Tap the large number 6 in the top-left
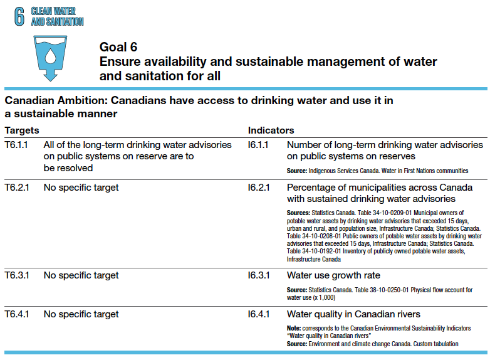tap(19, 16)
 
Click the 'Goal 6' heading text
tap(118, 47)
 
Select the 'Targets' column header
tap(22, 130)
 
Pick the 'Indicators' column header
tap(271, 130)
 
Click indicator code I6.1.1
tap(258, 145)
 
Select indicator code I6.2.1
tap(258, 188)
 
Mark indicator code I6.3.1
tap(258, 275)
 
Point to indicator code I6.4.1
tap(258, 314)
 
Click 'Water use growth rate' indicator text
tap(333, 275)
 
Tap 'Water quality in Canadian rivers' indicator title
tap(353, 314)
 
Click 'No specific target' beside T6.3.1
tap(81, 275)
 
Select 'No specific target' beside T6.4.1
tap(81, 314)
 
